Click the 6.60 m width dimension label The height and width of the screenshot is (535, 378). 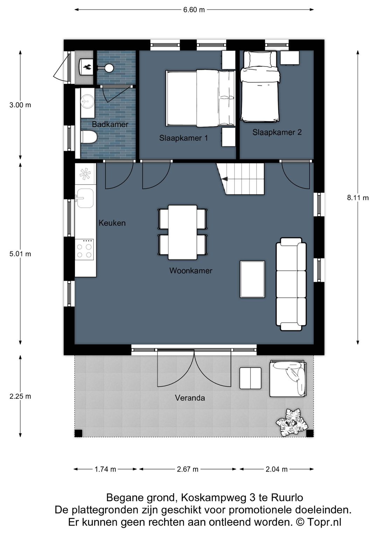[194, 10]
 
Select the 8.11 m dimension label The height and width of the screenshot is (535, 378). [358, 198]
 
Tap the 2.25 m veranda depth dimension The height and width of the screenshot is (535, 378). [20, 396]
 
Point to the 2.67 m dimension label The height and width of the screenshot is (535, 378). [188, 469]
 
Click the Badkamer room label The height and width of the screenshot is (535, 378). [110, 124]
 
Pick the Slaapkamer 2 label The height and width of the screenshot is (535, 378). [277, 132]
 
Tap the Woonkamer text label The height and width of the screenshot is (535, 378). [191, 271]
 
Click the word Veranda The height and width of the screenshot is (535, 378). [190, 398]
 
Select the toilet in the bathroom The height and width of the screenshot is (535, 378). [88, 137]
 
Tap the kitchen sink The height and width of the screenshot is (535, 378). [85, 198]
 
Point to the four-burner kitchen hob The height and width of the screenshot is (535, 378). [85, 250]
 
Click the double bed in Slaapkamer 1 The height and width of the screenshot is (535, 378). [199, 98]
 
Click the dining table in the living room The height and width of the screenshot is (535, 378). [182, 232]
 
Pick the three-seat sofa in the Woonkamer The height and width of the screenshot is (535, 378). [291, 284]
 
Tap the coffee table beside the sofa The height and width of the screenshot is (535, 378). [252, 279]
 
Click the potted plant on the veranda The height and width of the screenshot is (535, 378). [292, 423]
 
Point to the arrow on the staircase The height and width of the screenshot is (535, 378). [224, 179]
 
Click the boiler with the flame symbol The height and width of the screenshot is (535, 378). [86, 67]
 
